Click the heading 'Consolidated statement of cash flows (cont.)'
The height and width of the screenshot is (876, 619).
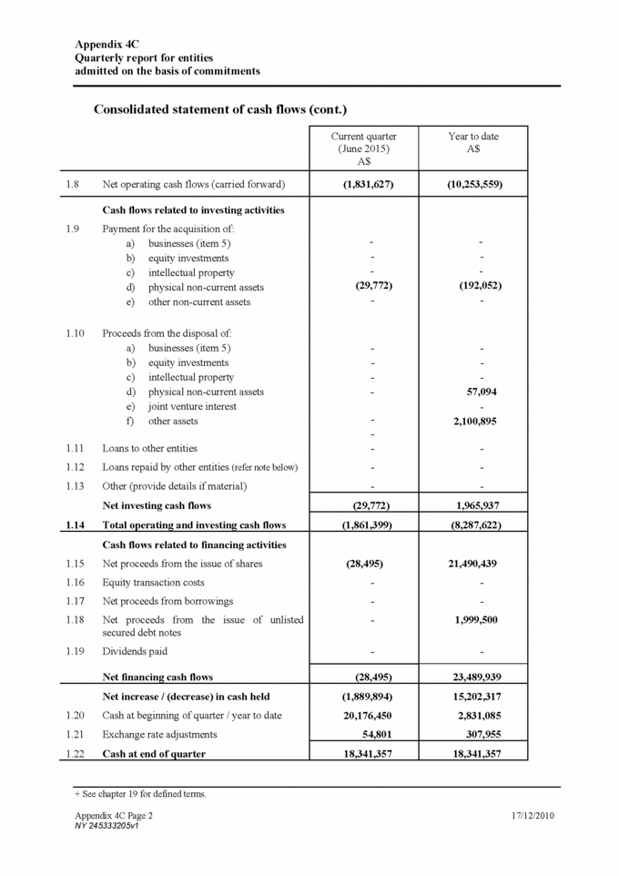(x=220, y=109)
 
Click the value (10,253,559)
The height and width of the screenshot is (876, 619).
(x=473, y=185)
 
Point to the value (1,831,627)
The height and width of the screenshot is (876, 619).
(x=364, y=185)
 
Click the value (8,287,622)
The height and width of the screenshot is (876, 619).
(x=473, y=525)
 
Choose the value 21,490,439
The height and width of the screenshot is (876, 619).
(x=473, y=564)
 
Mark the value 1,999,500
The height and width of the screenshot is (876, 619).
(x=474, y=620)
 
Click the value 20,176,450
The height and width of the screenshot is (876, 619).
(x=364, y=716)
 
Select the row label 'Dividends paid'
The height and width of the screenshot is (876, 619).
(x=135, y=652)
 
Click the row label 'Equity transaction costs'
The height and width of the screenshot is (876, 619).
(x=156, y=583)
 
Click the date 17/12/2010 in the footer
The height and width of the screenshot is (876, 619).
(x=533, y=816)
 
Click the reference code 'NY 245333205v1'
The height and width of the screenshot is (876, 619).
(x=106, y=826)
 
